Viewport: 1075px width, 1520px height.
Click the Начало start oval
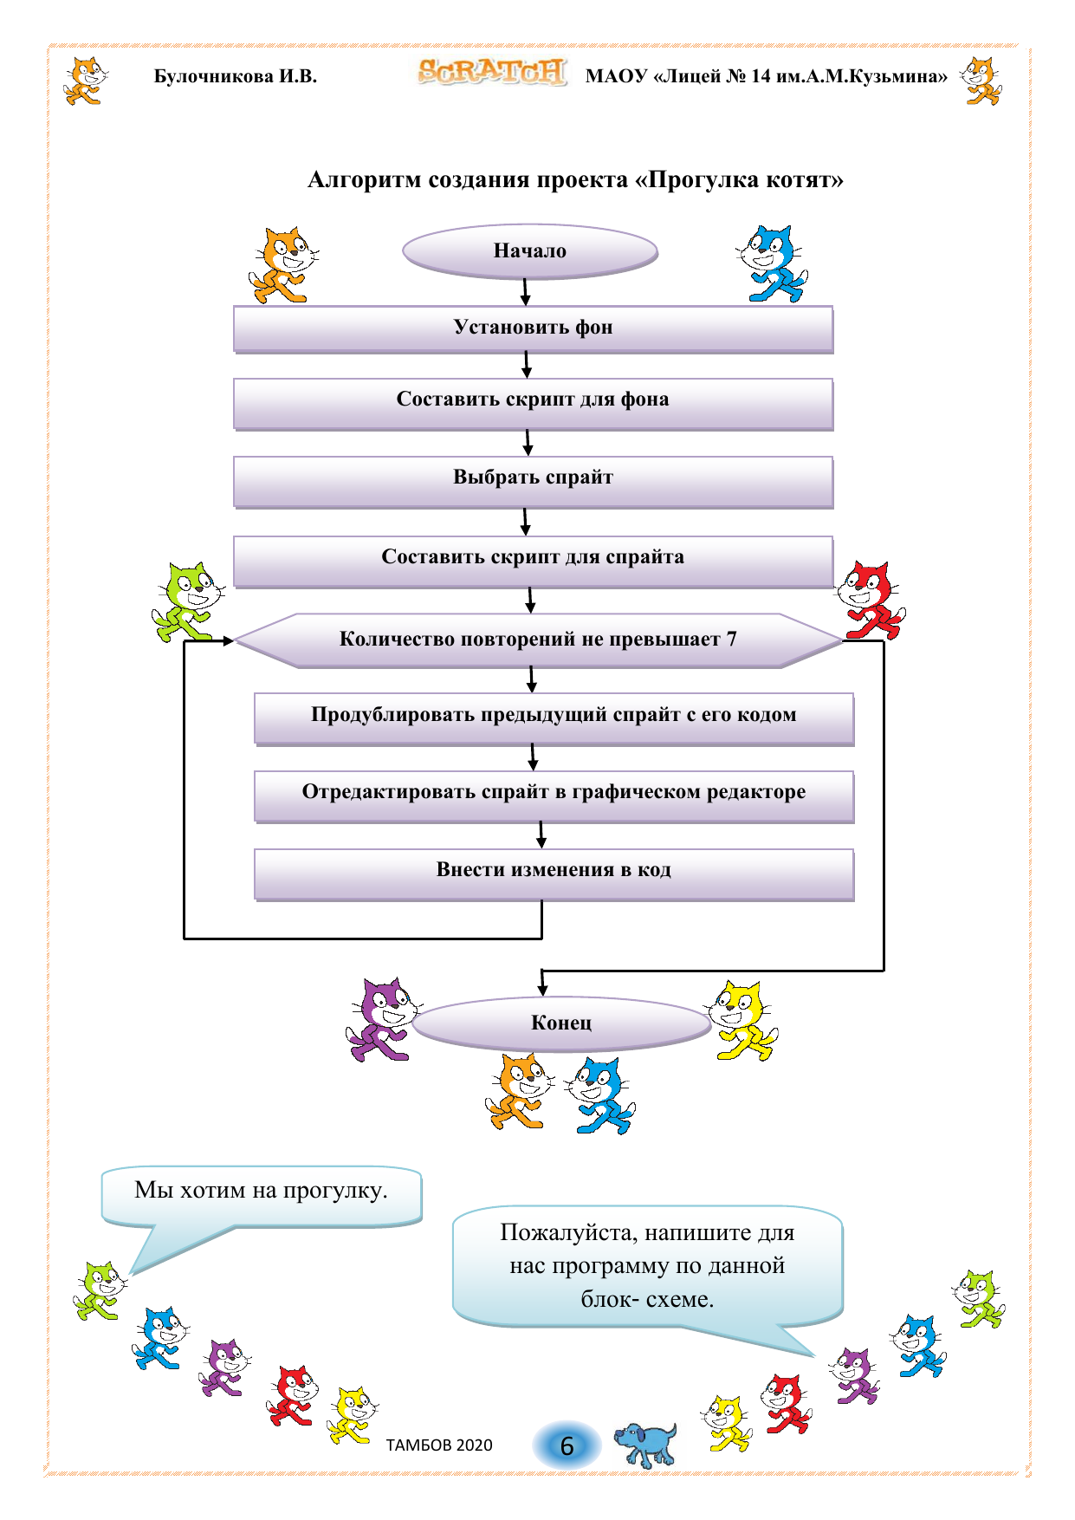[x=529, y=251]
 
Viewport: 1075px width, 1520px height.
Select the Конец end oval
[x=561, y=1023]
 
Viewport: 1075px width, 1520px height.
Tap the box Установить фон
[x=533, y=328]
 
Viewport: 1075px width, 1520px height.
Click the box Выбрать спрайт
[x=533, y=478]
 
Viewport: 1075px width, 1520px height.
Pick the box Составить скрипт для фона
[x=533, y=400]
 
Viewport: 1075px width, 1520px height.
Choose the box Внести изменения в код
[x=554, y=871]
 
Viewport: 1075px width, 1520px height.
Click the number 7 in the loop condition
[x=732, y=640]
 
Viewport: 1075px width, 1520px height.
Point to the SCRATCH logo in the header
[x=491, y=73]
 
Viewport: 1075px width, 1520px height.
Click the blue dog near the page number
[x=645, y=1443]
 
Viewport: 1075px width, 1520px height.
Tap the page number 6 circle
[x=567, y=1445]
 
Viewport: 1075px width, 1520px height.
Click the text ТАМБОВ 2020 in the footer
[x=439, y=1445]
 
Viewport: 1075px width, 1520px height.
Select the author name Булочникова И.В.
[x=236, y=76]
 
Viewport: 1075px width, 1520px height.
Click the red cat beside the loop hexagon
[x=871, y=600]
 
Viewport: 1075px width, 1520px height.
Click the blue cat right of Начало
[x=772, y=263]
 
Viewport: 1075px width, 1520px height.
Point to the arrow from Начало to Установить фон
[x=525, y=292]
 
